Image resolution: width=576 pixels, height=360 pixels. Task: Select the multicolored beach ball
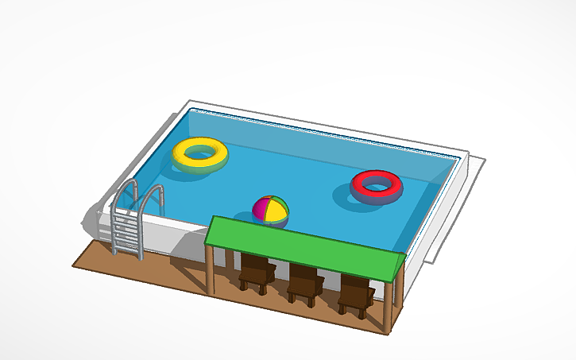[x=270, y=211]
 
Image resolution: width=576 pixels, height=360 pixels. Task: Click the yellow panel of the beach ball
[x=278, y=212]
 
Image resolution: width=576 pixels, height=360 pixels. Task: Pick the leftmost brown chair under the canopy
[x=256, y=274]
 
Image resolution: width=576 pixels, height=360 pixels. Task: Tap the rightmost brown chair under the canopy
[x=355, y=295]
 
